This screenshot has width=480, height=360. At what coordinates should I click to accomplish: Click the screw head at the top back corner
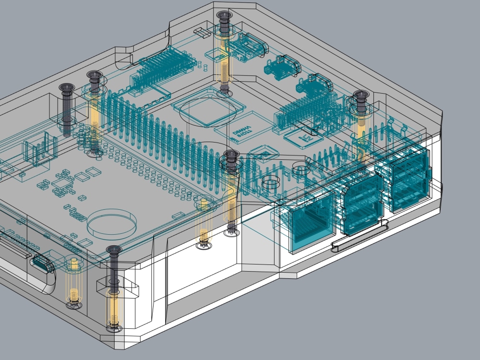pyautogui.click(x=224, y=16)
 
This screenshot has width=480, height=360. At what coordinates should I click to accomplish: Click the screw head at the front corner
pyautogui.click(x=114, y=250)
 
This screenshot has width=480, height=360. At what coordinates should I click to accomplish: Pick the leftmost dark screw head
pyautogui.click(x=66, y=88)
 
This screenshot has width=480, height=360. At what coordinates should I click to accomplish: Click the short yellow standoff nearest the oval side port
pyautogui.click(x=74, y=283)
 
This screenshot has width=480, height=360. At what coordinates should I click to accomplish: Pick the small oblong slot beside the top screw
pyautogui.click(x=202, y=33)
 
